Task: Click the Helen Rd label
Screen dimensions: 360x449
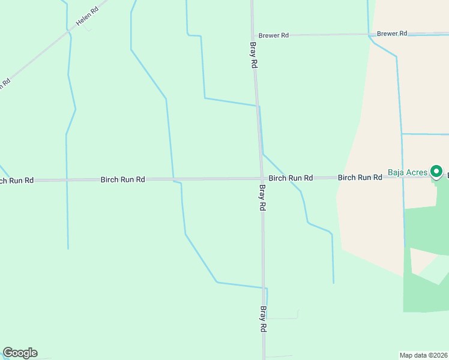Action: click(86, 17)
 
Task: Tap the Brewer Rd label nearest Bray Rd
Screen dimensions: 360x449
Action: click(274, 35)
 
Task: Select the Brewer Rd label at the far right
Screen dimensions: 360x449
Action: click(393, 34)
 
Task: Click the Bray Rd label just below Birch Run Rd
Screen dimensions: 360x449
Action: click(262, 197)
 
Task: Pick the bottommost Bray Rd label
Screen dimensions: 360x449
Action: click(263, 319)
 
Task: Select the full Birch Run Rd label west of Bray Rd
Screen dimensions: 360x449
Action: click(123, 179)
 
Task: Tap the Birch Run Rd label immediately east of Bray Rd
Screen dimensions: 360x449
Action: click(291, 178)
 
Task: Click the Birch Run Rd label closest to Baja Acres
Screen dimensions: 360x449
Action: click(360, 178)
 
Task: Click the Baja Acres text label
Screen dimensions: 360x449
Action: click(408, 173)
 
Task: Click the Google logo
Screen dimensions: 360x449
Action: click(20, 353)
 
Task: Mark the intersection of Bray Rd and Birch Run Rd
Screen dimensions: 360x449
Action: click(262, 178)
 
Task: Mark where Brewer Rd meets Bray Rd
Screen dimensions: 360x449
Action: click(253, 35)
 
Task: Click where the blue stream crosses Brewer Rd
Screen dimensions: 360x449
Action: click(368, 34)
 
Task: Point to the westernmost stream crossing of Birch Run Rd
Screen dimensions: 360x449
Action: click(67, 179)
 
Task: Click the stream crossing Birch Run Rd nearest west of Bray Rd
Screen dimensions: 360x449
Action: click(173, 179)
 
